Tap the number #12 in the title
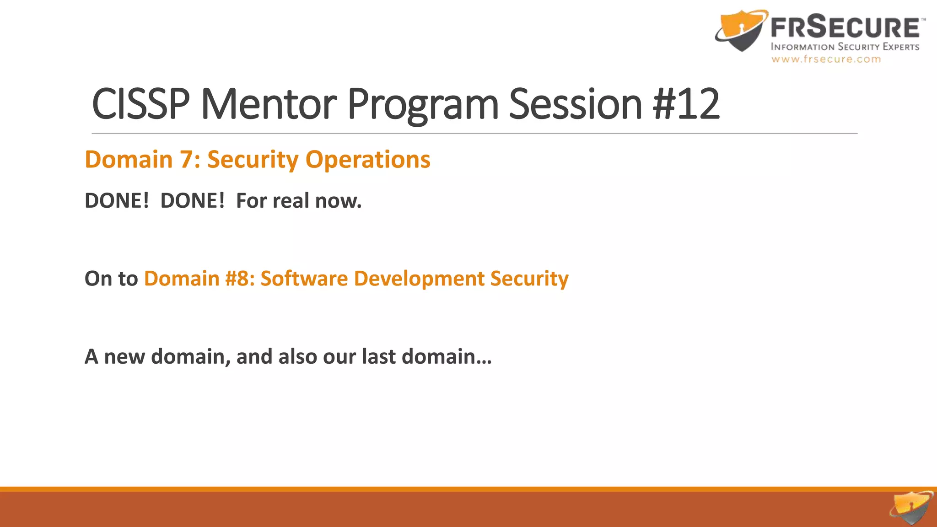click(686, 104)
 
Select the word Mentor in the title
click(269, 104)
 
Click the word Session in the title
click(576, 104)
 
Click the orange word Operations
click(368, 160)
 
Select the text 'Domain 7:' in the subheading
click(142, 160)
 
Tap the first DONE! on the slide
click(117, 201)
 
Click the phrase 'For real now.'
click(299, 201)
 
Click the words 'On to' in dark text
click(111, 279)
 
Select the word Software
click(304, 279)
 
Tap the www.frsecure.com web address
click(826, 59)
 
